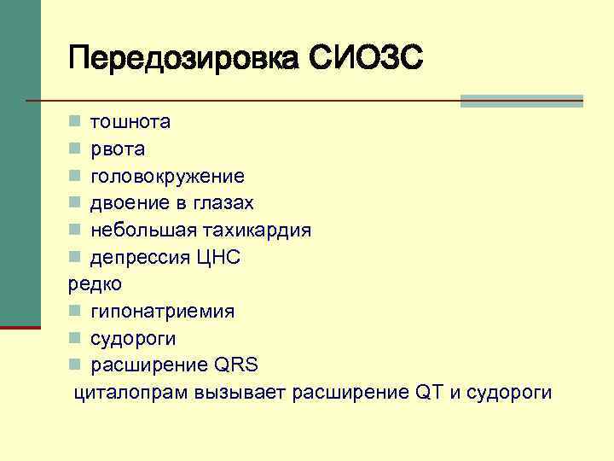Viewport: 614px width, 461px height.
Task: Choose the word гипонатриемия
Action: click(x=162, y=312)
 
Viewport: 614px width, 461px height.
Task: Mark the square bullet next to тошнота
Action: click(x=75, y=122)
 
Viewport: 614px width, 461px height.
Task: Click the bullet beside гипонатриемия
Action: click(x=75, y=312)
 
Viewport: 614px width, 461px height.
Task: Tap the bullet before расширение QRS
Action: click(x=75, y=365)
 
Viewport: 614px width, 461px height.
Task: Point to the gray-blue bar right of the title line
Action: click(x=521, y=101)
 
